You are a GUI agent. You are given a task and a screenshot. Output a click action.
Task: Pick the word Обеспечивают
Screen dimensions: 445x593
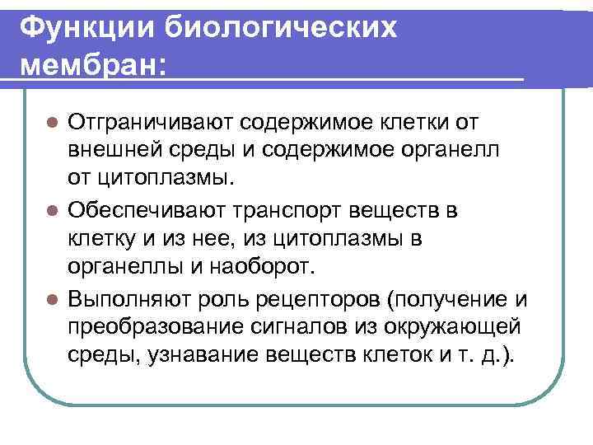pos(147,211)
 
